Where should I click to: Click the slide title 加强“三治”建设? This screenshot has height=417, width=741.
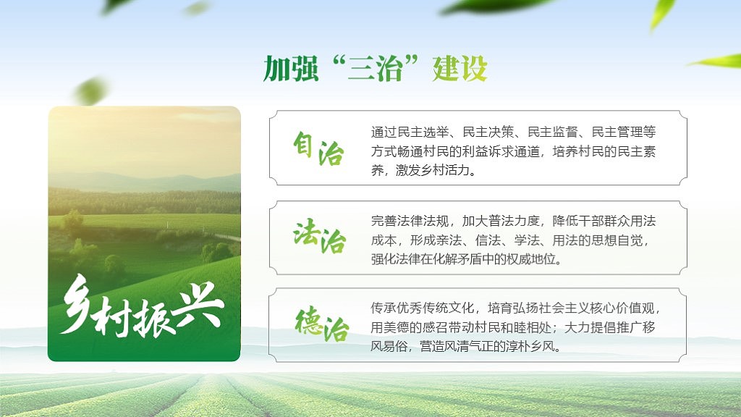pos(375,69)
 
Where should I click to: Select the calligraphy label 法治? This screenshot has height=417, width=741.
pos(318,237)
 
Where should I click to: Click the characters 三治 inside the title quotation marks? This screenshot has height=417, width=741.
pos(374,69)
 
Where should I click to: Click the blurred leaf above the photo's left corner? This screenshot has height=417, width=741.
pos(90,90)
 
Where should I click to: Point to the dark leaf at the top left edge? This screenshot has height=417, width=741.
pos(116,6)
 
